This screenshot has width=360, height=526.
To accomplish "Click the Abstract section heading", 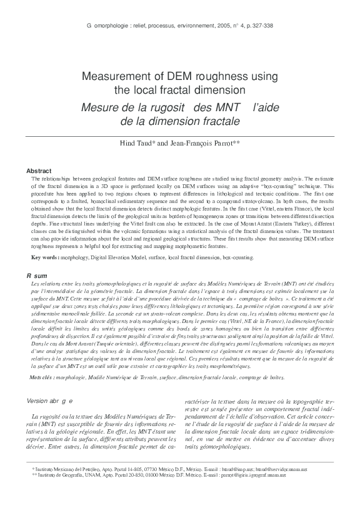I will [39, 171].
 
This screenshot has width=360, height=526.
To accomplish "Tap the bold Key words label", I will [46, 257].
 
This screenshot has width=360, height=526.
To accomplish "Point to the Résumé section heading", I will [37, 275].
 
